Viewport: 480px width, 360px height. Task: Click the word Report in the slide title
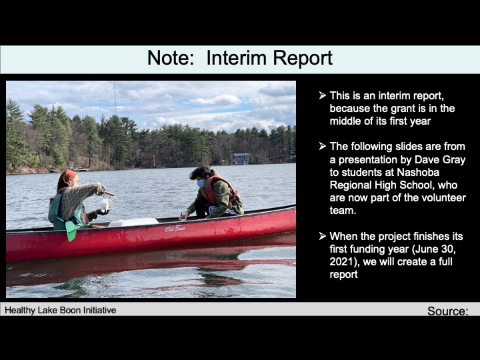click(x=302, y=58)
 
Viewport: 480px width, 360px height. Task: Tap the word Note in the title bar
click(x=168, y=58)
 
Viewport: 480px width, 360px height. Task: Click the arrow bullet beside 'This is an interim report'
click(x=323, y=96)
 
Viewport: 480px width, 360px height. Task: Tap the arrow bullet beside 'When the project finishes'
click(x=323, y=237)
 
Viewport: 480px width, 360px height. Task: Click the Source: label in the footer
click(x=447, y=311)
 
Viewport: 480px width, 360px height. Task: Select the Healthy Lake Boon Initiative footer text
click(x=61, y=310)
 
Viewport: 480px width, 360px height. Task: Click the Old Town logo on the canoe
click(x=175, y=229)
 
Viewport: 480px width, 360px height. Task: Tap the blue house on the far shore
click(x=241, y=158)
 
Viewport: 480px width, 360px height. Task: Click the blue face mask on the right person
click(x=201, y=183)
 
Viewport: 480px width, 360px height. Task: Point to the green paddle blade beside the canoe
click(x=71, y=231)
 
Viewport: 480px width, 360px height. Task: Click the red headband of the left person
click(x=71, y=174)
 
